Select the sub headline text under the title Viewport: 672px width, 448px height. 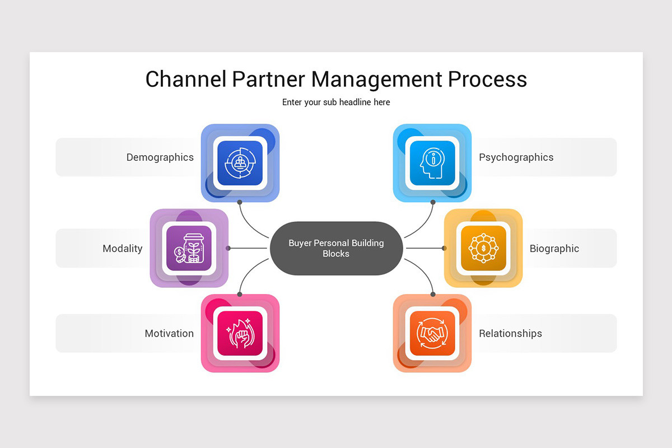click(336, 102)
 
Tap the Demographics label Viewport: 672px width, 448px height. click(160, 157)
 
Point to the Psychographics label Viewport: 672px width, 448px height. click(516, 157)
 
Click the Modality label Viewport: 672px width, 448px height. click(122, 249)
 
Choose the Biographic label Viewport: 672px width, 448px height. click(554, 249)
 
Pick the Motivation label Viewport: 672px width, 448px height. click(169, 334)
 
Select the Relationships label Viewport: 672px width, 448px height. click(510, 334)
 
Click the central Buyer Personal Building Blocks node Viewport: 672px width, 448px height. click(336, 248)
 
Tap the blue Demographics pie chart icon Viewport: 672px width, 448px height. click(240, 163)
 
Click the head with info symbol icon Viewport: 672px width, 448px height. click(432, 163)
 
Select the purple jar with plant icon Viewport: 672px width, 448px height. click(189, 248)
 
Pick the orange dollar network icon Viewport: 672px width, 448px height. click(483, 248)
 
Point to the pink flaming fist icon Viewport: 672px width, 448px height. click(240, 333)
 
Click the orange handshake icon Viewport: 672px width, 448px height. click(432, 333)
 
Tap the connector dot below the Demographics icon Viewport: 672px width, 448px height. click(240, 202)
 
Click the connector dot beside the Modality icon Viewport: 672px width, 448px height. click(228, 248)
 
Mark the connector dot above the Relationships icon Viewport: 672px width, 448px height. click(433, 294)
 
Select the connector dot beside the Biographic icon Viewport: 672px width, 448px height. click(444, 248)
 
